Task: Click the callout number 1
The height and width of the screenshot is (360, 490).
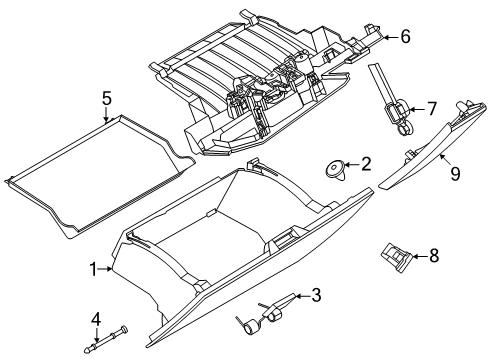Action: click(94, 269)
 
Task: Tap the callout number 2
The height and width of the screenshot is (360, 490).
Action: click(366, 164)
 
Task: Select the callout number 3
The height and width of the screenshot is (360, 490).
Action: click(316, 295)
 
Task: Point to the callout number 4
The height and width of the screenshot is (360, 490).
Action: click(96, 320)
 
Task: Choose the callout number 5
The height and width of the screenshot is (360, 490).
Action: click(106, 99)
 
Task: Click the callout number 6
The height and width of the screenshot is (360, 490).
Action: click(405, 37)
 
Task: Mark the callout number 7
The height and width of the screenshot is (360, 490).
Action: click(432, 109)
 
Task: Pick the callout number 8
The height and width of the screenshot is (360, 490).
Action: click(434, 256)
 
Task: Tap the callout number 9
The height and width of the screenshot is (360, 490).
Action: click(455, 174)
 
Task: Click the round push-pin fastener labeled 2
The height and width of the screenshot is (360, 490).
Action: click(334, 171)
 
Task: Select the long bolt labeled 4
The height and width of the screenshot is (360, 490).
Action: click(105, 340)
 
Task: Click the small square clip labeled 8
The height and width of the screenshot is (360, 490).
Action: click(396, 257)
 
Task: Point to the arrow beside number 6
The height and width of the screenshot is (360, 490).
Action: click(390, 37)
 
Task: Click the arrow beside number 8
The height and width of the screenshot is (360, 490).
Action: click(420, 256)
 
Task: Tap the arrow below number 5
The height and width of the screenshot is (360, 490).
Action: click(106, 115)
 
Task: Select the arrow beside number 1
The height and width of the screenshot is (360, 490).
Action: click(105, 269)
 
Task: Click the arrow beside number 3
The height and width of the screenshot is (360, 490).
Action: click(302, 296)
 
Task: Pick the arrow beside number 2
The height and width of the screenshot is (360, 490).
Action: click(351, 164)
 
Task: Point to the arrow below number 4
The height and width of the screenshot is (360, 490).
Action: click(96, 335)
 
